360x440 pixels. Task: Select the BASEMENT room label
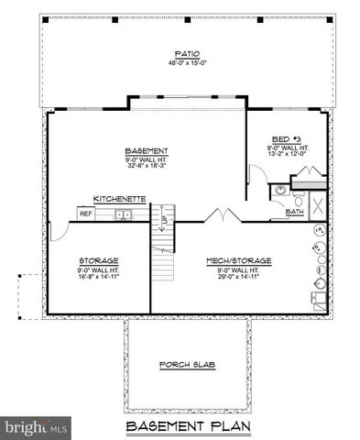[x=146, y=150]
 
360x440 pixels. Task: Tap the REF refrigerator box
[x=86, y=214]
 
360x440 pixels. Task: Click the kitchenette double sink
[x=123, y=214]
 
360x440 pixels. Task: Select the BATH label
[x=294, y=212]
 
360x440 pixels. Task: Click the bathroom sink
[x=278, y=191]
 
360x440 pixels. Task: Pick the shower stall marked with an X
[x=317, y=204]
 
